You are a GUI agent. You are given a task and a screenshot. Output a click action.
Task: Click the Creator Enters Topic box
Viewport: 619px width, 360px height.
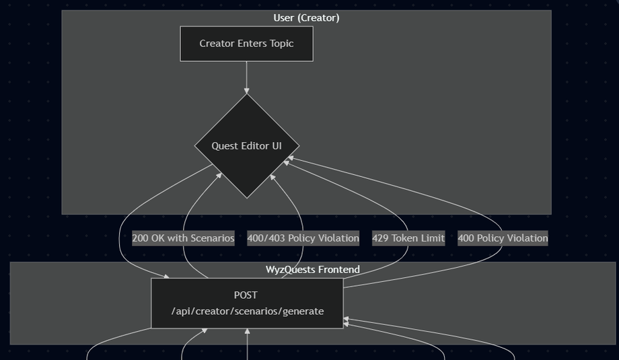[x=247, y=44]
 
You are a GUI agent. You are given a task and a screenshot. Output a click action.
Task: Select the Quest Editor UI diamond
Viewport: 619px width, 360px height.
[x=247, y=146]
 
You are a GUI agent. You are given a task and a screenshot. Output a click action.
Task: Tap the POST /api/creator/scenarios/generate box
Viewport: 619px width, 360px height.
[x=247, y=303]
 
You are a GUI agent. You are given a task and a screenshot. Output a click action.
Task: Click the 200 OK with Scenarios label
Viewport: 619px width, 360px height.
[x=183, y=238]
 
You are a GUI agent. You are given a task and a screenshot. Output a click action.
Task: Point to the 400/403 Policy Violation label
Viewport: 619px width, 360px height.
[x=303, y=238]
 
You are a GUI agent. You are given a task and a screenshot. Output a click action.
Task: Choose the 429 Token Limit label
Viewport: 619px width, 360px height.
[x=408, y=238]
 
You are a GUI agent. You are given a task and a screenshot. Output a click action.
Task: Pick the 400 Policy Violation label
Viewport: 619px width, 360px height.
[x=503, y=238]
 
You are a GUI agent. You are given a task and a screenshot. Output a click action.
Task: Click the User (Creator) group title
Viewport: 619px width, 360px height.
[x=306, y=17]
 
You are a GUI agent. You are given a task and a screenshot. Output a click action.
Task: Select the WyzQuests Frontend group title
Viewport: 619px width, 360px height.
[x=313, y=270]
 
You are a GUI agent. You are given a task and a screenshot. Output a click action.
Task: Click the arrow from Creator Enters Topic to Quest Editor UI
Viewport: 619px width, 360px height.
[x=247, y=77]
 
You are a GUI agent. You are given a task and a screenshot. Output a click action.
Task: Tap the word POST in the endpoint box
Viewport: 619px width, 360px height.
[x=246, y=295]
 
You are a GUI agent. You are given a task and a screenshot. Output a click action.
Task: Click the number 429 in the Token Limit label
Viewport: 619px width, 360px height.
[x=380, y=238]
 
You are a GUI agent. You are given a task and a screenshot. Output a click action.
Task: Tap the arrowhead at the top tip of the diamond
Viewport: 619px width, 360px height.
[x=247, y=92]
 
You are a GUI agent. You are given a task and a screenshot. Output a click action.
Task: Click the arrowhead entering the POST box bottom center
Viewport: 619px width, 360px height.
[x=247, y=331]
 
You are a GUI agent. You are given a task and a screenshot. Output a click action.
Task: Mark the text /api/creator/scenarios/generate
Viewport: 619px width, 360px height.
[x=248, y=312]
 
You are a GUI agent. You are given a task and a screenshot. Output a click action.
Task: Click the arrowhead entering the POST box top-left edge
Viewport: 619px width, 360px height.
[x=167, y=277]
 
